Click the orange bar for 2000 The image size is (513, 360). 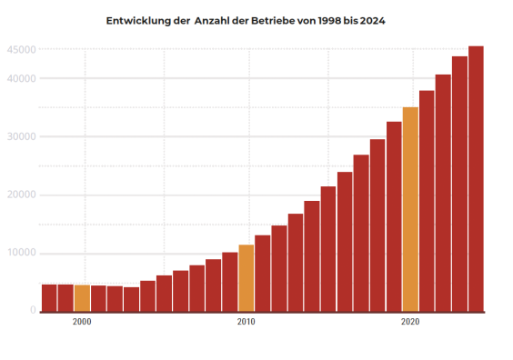82,297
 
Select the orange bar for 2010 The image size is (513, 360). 246,277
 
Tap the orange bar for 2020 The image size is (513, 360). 410,209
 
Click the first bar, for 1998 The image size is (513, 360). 49,297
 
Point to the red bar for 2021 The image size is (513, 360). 427,200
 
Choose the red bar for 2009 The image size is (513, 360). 230,281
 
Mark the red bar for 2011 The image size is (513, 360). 263,273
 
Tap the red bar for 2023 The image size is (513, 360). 459,183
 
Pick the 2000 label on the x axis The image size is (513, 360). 82,322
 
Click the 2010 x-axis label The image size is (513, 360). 246,322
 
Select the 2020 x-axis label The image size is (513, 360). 410,322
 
